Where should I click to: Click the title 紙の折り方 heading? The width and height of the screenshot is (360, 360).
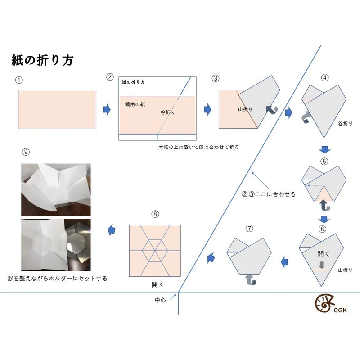(42, 61)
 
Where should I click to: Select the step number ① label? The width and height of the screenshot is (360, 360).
(18, 80)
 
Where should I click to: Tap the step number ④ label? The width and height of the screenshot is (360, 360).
(324, 77)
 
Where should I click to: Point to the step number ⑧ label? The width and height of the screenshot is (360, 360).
(155, 214)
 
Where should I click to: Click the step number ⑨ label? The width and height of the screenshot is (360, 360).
(26, 152)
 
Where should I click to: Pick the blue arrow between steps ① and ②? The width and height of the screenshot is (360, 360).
(107, 110)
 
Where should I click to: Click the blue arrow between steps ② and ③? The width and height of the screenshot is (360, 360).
(208, 110)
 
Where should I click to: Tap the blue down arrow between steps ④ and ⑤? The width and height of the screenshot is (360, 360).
(324, 149)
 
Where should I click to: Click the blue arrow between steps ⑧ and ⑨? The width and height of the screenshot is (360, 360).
(111, 230)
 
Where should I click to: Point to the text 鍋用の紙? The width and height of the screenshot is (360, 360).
(135, 104)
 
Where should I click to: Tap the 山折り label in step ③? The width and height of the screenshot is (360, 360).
(245, 109)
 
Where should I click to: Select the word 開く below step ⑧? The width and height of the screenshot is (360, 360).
(158, 285)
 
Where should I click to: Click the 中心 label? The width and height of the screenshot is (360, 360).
(161, 298)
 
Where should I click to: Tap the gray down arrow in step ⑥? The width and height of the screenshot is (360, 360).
(321, 265)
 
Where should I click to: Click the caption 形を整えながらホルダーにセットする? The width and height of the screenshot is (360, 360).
(58, 279)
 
